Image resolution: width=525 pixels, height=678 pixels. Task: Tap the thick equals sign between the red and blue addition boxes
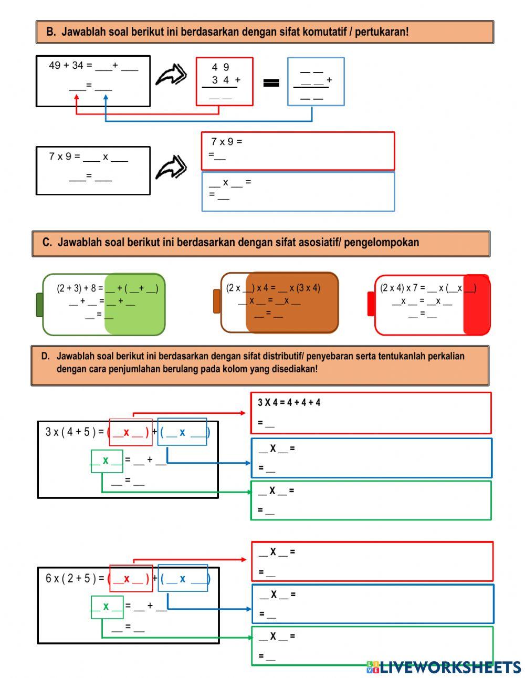coord(271,82)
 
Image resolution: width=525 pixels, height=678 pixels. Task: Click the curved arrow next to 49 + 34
coord(171,75)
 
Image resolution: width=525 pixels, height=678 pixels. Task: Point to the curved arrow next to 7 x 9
coord(171,167)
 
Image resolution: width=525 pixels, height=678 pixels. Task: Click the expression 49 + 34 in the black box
coord(66,66)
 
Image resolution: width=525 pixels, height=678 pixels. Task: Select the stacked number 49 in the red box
coord(220,67)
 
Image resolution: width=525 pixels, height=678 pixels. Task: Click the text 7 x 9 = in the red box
coord(226,142)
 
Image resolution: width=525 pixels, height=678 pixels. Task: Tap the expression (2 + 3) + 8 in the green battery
coord(76,288)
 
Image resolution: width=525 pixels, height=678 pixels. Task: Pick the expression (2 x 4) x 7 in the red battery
coord(398,288)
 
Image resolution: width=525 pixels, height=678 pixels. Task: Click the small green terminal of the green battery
coord(39,305)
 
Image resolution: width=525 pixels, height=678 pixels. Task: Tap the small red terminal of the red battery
coord(371,304)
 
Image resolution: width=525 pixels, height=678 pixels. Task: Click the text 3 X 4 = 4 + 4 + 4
coord(289,403)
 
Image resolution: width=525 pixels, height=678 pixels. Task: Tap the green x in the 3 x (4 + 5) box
coord(106,461)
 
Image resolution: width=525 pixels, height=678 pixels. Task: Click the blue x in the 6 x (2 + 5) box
coord(182,579)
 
